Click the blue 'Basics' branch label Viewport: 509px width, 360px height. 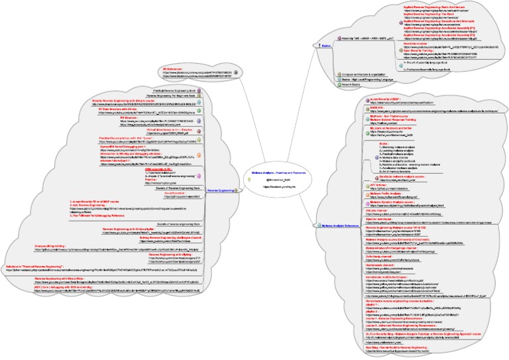326,38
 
